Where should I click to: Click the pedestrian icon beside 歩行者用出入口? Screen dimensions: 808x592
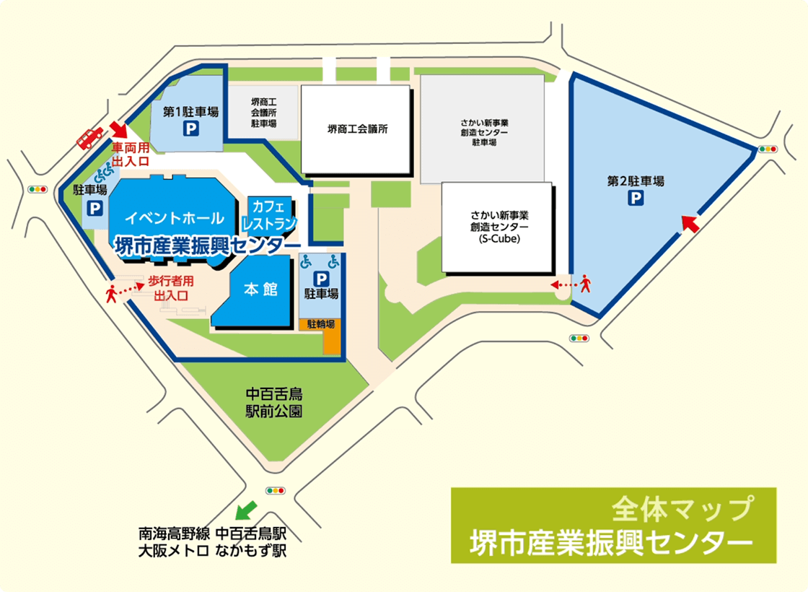[x=112, y=293]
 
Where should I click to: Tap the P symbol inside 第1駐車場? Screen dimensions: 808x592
[x=190, y=129]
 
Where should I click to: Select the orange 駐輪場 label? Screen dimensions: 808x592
[x=321, y=324]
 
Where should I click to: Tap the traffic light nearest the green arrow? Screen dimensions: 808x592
[x=275, y=490]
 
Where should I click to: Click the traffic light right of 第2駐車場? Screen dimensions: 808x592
[x=767, y=149]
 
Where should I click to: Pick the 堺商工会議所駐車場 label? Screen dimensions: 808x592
[x=263, y=113]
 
